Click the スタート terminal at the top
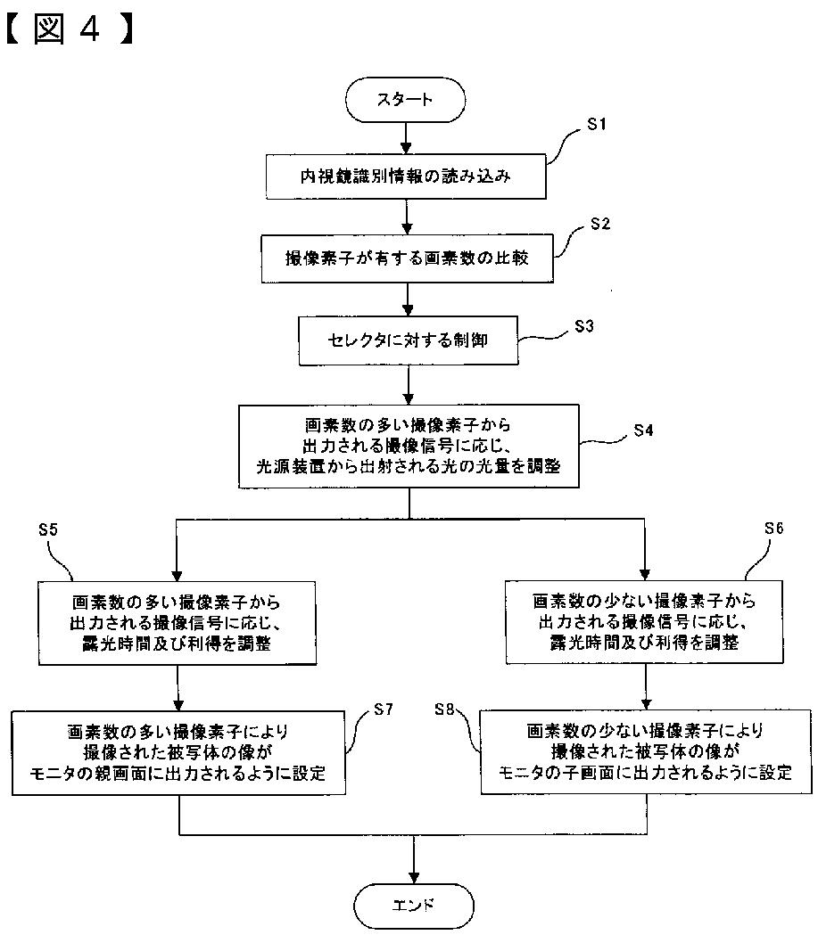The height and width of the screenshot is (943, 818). pos(405,100)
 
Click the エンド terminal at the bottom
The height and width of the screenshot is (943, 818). pos(414,906)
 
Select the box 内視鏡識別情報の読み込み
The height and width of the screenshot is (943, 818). pos(406,176)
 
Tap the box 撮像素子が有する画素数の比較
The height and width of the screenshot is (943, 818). pos(407,258)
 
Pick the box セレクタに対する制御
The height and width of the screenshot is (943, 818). pos(408,340)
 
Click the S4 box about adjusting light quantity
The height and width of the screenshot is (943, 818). pos(409,446)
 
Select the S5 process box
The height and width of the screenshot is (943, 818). pos(177,623)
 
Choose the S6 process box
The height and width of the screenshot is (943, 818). pos(644,622)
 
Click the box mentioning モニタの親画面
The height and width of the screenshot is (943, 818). pos(178,753)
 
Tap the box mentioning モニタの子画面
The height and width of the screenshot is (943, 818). pos(645,751)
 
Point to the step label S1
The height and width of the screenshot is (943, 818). pos(597,125)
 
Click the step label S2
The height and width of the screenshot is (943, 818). pos(600,225)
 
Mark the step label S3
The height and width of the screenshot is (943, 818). pos(584,326)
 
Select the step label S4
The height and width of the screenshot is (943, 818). pos(643,430)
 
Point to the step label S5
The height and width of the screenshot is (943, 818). pos(48,529)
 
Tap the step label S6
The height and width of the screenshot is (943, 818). pos(774,529)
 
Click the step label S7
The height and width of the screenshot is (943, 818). pos(384,709)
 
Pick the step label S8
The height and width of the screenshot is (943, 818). pos(444,709)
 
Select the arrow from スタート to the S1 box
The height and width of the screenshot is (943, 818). pos(406,138)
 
